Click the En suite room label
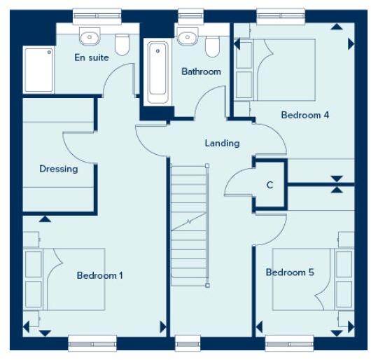91,57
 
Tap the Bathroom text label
201,71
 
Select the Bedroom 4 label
304,115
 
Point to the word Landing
222,144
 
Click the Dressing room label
58,169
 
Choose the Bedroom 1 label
99,275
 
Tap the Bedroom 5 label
290,272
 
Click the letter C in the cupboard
269,186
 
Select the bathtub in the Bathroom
157,71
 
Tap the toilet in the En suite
122,43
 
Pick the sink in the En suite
90,37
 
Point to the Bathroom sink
187,37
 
